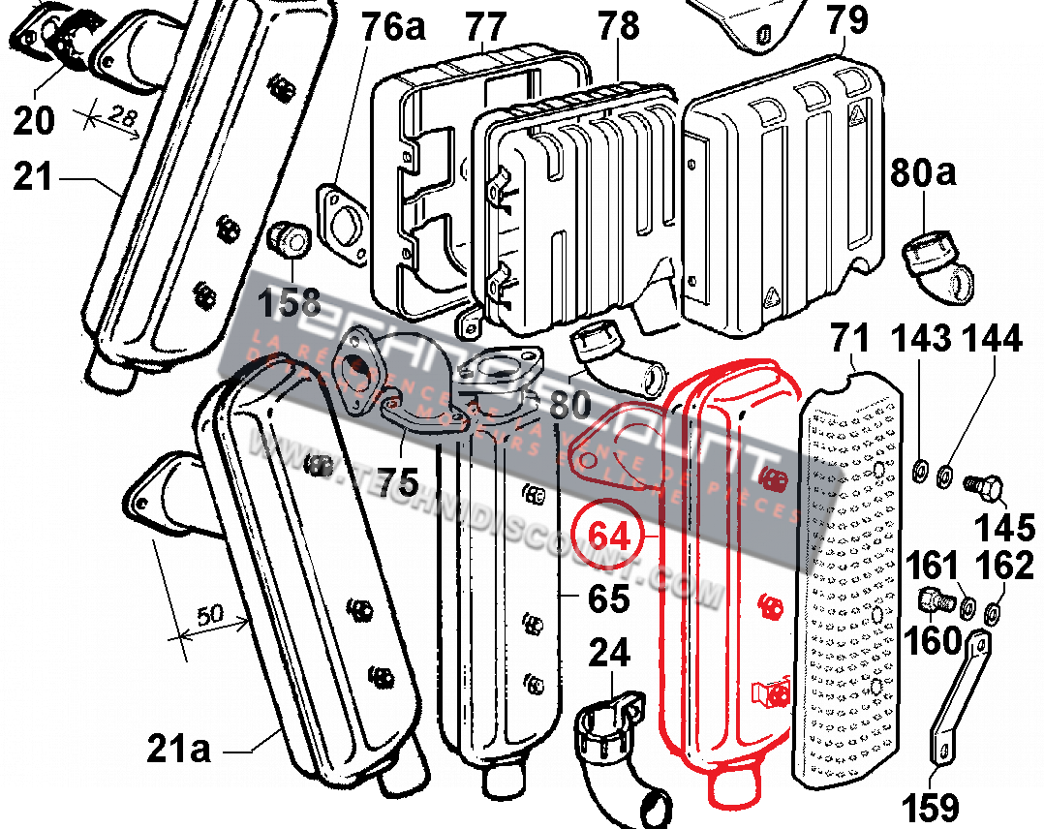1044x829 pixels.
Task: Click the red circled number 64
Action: [609, 536]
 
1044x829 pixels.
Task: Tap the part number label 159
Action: [931, 806]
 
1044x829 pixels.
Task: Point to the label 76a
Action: [393, 27]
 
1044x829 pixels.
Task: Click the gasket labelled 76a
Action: [341, 226]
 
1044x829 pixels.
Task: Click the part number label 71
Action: [852, 341]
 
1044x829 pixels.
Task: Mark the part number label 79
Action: [846, 19]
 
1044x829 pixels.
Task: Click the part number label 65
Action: [609, 599]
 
